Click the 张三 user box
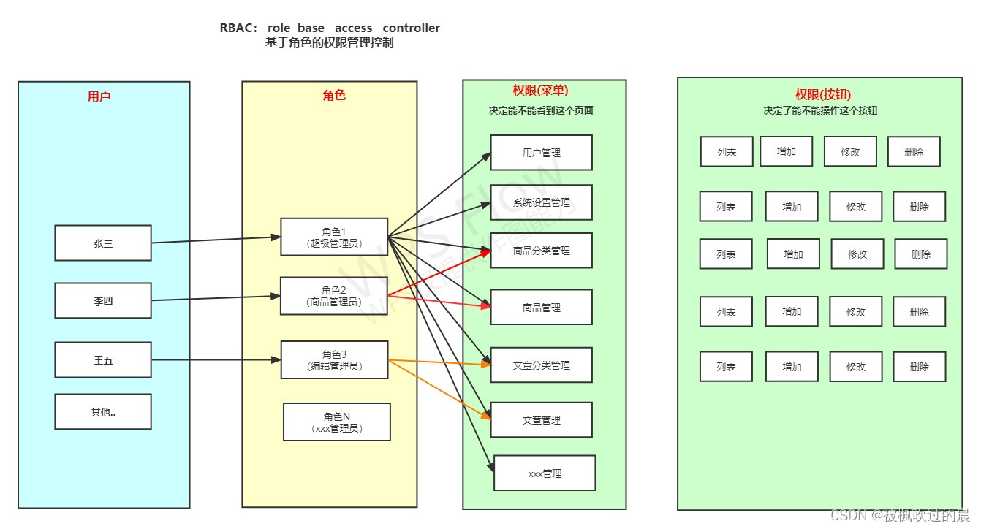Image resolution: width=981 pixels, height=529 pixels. point(103,243)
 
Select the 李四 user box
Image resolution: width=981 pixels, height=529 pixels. point(103,300)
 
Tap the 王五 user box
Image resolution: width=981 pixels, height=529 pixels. point(103,359)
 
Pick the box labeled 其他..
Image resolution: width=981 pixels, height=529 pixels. point(103,412)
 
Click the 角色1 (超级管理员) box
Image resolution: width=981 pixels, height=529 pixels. point(334,237)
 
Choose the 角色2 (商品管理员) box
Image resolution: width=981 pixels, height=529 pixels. point(334,296)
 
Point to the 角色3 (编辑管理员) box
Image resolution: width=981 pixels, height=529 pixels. point(334,360)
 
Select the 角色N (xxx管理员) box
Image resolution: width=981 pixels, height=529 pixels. point(337,422)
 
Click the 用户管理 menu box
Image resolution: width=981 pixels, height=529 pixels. point(541,153)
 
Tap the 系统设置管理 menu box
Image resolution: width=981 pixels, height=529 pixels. point(541,202)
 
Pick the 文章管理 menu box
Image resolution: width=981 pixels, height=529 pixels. point(541,420)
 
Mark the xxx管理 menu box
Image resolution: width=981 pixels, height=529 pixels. point(545,473)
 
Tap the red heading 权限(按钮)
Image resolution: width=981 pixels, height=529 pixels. point(823,94)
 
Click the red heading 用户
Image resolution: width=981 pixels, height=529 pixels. point(99,96)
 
